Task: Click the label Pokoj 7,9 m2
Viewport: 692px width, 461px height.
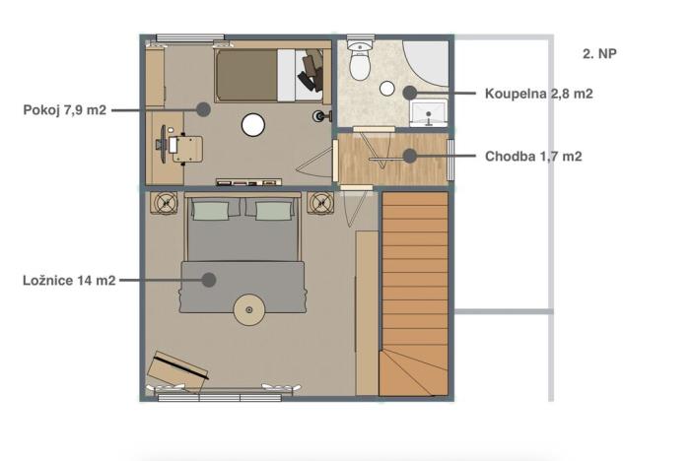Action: tap(63, 109)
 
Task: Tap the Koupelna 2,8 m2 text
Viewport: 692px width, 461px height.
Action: tap(538, 95)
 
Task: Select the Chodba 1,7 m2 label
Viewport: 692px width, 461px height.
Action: tap(533, 156)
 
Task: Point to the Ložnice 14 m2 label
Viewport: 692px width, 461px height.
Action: tap(68, 280)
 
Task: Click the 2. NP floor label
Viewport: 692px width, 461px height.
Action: tap(599, 54)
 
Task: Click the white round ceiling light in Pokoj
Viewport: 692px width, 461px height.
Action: tap(254, 124)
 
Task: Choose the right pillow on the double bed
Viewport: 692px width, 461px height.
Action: tap(273, 209)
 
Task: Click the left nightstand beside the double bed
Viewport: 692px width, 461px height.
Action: tap(162, 203)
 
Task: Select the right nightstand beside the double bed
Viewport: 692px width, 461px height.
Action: tap(320, 203)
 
